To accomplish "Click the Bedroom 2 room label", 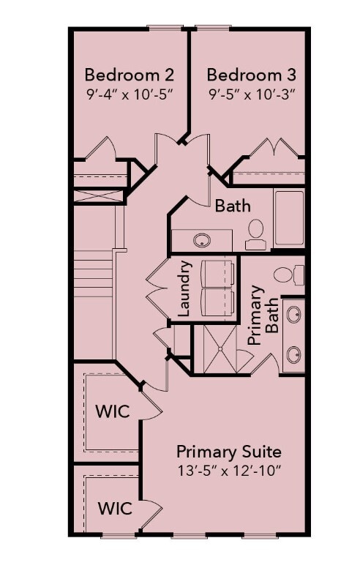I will pos(129,75).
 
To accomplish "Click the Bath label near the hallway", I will pos(233,206).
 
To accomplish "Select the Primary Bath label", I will pos(263,315).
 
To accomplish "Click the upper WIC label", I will pos(113,411).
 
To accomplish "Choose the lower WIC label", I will pos(116,507).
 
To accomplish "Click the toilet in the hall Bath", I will pos(255,230).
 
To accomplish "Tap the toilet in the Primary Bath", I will pos(289,275).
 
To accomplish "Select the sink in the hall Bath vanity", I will pos(200,239).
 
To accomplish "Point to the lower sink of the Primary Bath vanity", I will pos(293,355).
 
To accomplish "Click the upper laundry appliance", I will pos(217,272).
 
